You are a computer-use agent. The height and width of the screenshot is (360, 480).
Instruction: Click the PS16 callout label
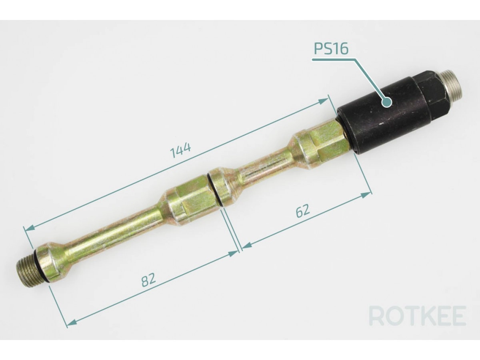click(331, 48)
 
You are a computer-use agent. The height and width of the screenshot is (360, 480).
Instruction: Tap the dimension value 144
click(181, 150)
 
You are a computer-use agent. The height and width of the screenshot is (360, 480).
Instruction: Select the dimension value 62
click(303, 211)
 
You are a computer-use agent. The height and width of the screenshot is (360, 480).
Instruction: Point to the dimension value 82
click(149, 280)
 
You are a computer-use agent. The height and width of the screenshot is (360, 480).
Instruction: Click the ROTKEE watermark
click(418, 316)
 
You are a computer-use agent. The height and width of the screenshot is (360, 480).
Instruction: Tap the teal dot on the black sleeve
click(386, 102)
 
